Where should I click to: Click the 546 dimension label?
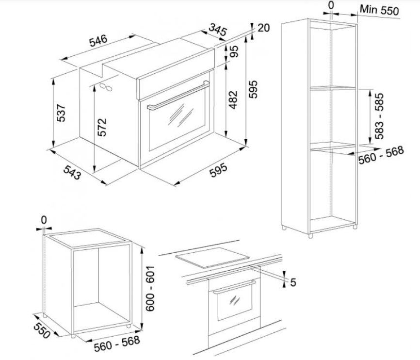(x=98, y=41)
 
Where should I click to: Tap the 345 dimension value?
(x=217, y=30)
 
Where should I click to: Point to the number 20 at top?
(x=263, y=28)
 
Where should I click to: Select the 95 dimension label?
(x=234, y=51)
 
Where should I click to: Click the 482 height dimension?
(x=233, y=100)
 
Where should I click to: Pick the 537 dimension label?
(x=61, y=113)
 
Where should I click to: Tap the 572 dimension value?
(x=102, y=127)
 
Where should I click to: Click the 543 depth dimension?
(x=72, y=172)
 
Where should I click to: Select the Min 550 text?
(x=379, y=10)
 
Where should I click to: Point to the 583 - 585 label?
(x=379, y=116)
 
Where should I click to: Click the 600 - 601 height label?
(x=150, y=289)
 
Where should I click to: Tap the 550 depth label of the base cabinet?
(x=42, y=331)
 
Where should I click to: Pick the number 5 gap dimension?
(x=293, y=282)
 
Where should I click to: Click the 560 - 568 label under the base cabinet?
(x=117, y=344)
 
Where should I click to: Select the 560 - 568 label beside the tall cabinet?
(x=381, y=155)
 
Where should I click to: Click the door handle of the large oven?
(x=178, y=96)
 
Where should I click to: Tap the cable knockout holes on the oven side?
(x=106, y=87)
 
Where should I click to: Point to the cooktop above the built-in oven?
(x=212, y=258)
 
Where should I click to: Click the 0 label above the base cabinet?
(x=44, y=220)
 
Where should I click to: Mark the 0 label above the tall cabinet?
(x=331, y=5)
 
